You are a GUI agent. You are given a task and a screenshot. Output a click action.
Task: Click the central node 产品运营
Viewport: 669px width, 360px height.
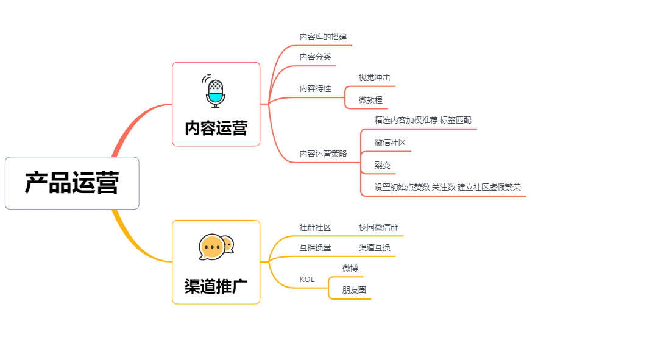(x=72, y=183)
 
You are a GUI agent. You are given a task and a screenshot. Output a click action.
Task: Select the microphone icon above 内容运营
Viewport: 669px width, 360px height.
(x=215, y=91)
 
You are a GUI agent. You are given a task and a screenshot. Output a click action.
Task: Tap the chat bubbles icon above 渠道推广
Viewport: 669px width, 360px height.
(x=216, y=247)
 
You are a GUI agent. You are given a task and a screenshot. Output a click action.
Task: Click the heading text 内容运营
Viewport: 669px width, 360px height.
(x=216, y=129)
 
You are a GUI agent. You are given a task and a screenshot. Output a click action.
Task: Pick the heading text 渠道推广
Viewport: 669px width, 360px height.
(x=216, y=286)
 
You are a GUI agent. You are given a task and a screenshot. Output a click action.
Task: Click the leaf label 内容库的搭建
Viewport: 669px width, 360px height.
(x=323, y=37)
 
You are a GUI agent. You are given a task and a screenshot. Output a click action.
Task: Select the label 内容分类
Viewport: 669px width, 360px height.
(x=315, y=57)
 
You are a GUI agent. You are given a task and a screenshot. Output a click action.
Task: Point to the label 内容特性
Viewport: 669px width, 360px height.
(x=315, y=89)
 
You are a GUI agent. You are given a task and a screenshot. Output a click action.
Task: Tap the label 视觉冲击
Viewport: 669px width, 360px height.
(x=374, y=78)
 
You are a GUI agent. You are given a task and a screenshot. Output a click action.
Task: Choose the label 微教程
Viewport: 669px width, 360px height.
(x=370, y=100)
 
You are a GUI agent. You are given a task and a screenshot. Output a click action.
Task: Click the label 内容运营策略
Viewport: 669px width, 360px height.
(x=323, y=154)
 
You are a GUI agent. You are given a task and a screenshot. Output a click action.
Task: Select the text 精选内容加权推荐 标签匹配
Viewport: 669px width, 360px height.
(x=422, y=121)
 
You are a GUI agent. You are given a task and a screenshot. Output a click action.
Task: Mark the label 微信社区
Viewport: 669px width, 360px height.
(x=390, y=143)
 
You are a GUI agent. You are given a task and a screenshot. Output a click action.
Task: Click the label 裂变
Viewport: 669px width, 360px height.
(x=383, y=166)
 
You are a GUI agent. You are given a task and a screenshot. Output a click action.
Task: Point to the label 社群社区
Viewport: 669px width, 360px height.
(x=315, y=228)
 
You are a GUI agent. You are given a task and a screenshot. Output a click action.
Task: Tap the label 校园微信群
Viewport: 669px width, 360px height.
(x=378, y=228)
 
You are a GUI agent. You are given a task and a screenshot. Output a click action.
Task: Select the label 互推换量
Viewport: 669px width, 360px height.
(x=315, y=248)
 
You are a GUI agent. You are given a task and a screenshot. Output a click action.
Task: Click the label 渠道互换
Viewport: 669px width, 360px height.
(x=374, y=248)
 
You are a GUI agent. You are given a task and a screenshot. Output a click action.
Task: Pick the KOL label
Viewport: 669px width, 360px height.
(x=307, y=280)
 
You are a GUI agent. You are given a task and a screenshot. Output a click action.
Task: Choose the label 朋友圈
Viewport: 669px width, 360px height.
(x=354, y=291)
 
